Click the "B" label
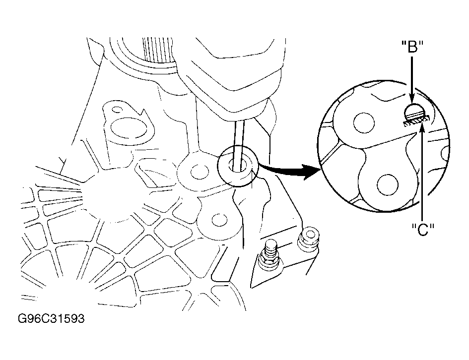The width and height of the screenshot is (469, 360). point(412,47)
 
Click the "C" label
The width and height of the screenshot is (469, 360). point(422,230)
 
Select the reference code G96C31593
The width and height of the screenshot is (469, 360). point(51,318)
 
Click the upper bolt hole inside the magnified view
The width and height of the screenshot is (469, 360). point(364,123)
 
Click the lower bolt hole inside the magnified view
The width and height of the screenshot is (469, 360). point(387,185)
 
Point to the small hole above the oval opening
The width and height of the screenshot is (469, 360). point(117,109)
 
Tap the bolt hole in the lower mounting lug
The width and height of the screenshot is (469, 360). point(219,220)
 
